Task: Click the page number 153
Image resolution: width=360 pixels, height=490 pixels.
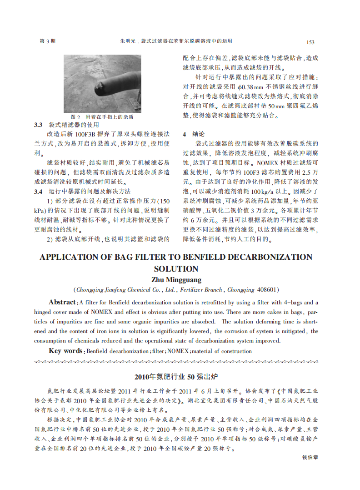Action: click(310, 42)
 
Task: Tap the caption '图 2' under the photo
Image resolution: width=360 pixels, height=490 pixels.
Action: click(75, 117)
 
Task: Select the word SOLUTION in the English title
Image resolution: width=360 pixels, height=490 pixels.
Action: click(176, 269)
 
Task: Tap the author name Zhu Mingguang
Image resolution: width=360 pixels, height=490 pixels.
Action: click(176, 280)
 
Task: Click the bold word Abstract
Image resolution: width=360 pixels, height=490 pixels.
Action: click(62, 303)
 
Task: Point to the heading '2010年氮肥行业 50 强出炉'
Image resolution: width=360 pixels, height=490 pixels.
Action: click(176, 377)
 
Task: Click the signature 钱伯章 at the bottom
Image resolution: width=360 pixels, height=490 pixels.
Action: click(310, 457)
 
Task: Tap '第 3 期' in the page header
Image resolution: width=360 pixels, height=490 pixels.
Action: click(48, 41)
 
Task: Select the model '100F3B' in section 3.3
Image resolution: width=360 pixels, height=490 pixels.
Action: click(84, 134)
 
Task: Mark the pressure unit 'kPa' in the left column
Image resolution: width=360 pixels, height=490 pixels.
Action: click(40, 211)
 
